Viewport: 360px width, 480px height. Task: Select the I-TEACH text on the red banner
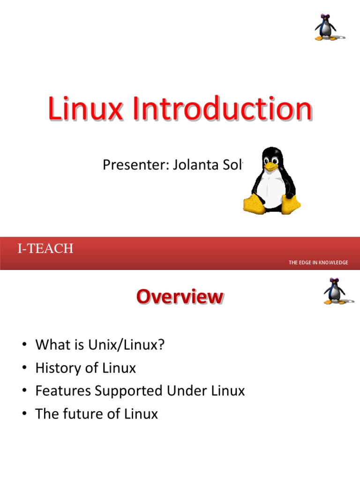[45, 249]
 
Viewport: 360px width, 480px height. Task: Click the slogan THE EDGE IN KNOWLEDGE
[318, 262]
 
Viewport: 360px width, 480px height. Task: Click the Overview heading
[180, 297]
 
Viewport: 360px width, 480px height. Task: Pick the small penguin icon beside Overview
[334, 291]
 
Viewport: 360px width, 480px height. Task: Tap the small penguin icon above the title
[325, 27]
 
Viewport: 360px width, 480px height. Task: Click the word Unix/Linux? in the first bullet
[127, 345]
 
